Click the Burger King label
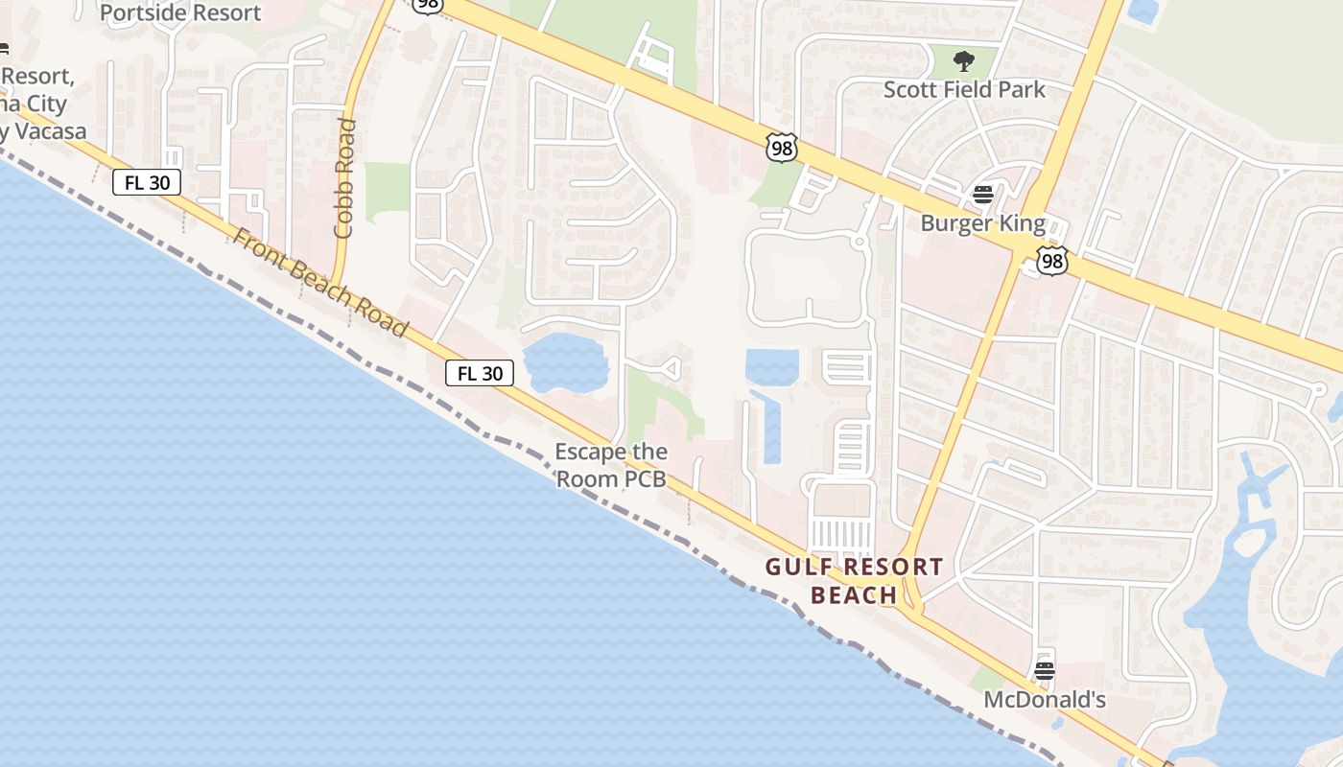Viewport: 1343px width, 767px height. [982, 223]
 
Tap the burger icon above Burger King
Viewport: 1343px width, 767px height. [982, 195]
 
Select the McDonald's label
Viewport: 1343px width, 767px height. [1045, 700]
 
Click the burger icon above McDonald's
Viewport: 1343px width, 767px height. [1045, 670]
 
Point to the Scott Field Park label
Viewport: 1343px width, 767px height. [964, 89]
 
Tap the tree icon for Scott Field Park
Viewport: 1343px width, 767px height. [964, 62]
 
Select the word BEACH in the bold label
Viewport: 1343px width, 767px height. [854, 595]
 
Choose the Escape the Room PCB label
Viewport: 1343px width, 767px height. [611, 464]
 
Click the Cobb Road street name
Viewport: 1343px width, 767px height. [345, 177]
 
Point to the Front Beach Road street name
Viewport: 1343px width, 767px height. [320, 282]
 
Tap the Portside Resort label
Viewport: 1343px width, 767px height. [180, 12]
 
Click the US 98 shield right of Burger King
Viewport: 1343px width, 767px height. [1051, 261]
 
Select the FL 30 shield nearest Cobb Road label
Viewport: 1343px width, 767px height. [147, 182]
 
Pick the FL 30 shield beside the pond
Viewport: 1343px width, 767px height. [480, 373]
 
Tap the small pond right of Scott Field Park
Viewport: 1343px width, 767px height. [1143, 11]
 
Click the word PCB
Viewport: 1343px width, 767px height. [646, 478]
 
